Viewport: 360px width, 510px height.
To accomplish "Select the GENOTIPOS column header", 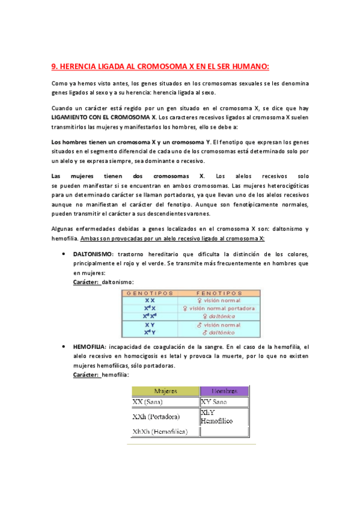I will click(x=150, y=293).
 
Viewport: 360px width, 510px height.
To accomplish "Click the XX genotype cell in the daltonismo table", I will click(x=150, y=301).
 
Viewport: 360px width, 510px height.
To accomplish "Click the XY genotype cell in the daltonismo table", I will click(x=150, y=325).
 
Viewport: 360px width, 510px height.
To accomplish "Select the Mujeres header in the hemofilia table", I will click(x=166, y=391).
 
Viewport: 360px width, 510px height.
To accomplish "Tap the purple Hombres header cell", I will click(x=224, y=391).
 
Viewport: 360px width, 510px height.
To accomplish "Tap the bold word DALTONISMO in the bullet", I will click(x=95, y=254).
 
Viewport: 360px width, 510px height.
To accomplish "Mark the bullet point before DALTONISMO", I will click(x=64, y=254).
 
